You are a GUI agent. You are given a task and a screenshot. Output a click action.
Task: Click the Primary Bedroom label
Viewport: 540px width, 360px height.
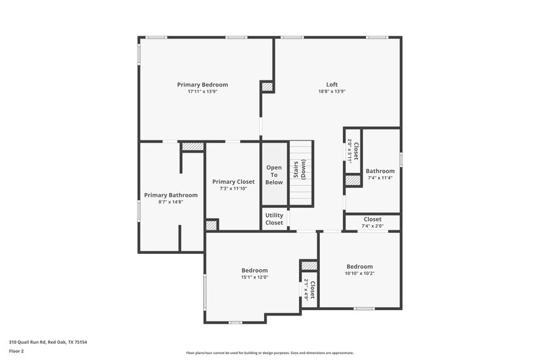[x=202, y=84]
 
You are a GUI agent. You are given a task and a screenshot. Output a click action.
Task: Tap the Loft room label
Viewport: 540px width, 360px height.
[x=332, y=84]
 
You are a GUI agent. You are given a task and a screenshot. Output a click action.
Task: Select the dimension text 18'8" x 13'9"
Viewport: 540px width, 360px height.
[x=332, y=92]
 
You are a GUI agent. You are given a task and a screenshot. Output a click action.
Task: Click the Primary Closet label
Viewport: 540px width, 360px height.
[x=233, y=182]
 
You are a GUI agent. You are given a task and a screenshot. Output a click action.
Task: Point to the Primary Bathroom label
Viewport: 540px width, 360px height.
[x=171, y=195]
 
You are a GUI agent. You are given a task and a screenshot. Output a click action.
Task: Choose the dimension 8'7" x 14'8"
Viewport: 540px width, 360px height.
[x=171, y=202]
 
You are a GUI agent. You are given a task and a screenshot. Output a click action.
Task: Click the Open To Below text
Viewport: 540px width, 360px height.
[x=274, y=175]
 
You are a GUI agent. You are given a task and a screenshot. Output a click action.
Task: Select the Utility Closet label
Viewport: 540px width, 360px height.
[x=274, y=219]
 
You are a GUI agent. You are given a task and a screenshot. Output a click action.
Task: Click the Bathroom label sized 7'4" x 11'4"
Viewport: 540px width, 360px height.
[x=379, y=171]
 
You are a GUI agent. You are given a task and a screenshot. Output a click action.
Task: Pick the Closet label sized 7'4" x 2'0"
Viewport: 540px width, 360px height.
[x=373, y=220]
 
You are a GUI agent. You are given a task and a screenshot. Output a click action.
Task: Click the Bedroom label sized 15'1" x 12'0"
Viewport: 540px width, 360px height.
[x=254, y=270]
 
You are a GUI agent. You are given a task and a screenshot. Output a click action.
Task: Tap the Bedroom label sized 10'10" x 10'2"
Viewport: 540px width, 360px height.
[x=359, y=267]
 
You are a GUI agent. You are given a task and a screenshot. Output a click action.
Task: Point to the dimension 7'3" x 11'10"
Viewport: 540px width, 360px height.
[x=233, y=189]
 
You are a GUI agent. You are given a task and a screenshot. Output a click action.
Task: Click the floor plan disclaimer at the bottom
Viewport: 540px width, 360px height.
[x=270, y=353]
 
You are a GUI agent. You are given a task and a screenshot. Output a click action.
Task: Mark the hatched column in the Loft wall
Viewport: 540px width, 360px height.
[x=267, y=86]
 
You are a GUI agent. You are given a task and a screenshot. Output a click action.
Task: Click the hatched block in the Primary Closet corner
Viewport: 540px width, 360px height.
[x=212, y=225]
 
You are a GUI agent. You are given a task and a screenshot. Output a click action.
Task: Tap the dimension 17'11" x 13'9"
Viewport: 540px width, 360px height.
[x=202, y=92]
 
